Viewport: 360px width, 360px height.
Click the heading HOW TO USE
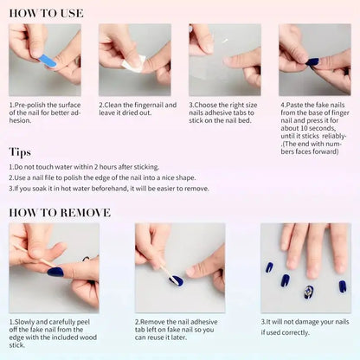coord(46,12)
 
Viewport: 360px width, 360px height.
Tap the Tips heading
coord(20,152)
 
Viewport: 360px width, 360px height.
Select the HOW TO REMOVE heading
coord(60,213)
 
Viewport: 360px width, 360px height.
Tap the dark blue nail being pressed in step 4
coord(312,61)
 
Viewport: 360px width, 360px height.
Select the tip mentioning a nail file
coord(95,177)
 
